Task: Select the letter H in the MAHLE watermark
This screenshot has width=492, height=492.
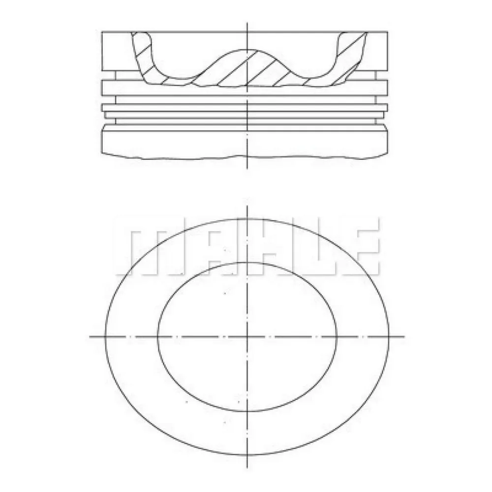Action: coord(246,246)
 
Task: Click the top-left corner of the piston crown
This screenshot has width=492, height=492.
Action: coord(102,31)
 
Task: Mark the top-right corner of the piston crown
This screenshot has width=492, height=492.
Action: coord(390,31)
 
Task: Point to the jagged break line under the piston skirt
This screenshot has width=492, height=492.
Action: coord(246,158)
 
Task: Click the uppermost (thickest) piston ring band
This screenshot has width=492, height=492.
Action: coord(246,87)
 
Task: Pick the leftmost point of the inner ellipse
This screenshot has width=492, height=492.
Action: coord(157,337)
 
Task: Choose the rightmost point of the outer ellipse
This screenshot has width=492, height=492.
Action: coord(389,337)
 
